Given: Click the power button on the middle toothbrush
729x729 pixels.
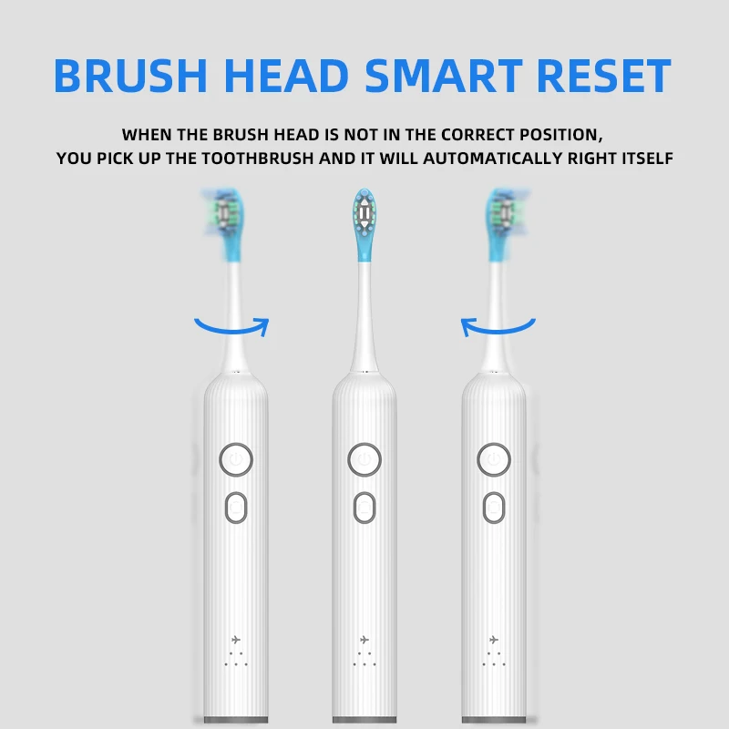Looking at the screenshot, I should click(364, 459).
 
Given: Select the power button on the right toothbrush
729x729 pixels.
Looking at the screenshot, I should click(493, 459).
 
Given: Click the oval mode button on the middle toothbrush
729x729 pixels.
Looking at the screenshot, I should click(364, 507).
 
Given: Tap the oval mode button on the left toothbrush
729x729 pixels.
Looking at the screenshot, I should click(236, 507).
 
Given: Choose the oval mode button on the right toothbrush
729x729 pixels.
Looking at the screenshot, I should click(493, 507).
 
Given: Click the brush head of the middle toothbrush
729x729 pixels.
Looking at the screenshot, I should click(364, 219).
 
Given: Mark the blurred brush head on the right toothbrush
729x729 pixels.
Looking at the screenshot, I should click(502, 219).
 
